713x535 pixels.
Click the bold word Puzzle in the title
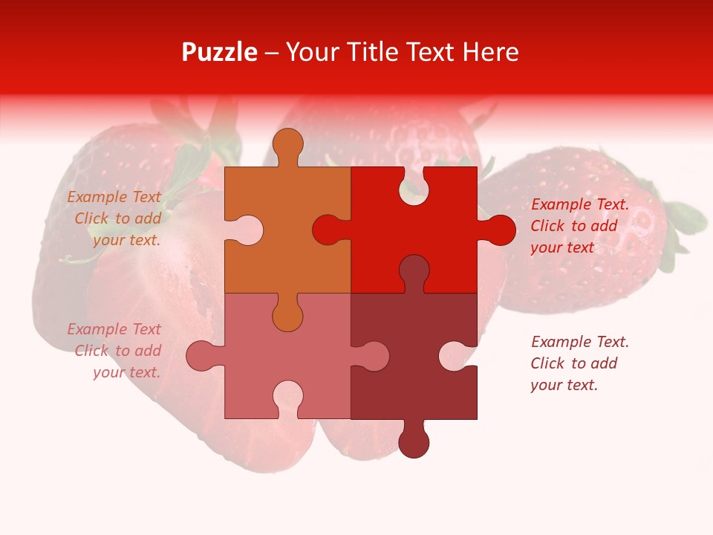tap(219, 52)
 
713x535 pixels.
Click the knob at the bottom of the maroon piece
tap(414, 443)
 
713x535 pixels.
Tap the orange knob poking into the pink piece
tap(287, 317)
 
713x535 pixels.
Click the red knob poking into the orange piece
tap(327, 230)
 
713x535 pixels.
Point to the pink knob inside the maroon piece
tap(374, 356)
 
